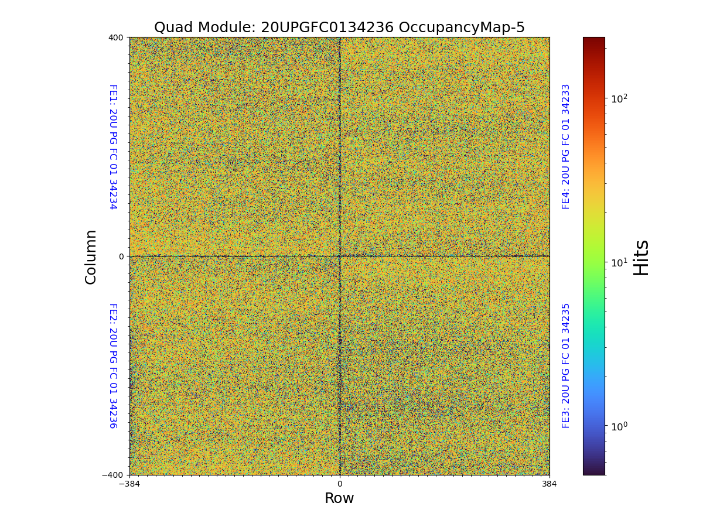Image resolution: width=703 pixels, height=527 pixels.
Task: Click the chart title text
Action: (339, 28)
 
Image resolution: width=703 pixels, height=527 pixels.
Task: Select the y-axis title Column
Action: (91, 256)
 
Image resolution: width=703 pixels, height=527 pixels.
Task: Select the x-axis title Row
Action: (339, 498)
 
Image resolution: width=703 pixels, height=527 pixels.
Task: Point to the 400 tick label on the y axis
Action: (115, 37)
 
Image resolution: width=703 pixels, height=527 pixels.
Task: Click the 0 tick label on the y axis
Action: (121, 256)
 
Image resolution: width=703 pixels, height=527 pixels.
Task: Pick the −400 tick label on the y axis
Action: (113, 475)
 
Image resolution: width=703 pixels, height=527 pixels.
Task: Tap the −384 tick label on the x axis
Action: (129, 484)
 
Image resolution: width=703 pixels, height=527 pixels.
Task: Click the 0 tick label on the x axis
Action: (339, 484)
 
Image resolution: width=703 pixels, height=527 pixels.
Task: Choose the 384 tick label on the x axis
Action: (549, 484)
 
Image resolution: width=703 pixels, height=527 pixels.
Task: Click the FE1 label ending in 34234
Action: (112, 146)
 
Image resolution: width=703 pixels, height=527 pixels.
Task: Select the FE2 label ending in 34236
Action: (112, 365)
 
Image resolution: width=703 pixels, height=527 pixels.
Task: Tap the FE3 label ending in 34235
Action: (566, 365)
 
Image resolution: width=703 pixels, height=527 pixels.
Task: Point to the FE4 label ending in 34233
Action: (566, 146)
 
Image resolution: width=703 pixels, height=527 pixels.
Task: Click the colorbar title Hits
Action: (641, 256)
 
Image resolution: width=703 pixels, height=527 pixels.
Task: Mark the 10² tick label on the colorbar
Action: (619, 98)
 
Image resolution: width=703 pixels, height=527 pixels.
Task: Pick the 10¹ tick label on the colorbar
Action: (619, 262)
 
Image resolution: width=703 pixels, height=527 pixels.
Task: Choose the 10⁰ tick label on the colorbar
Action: (619, 425)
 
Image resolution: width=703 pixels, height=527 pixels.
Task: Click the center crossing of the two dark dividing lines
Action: (340, 256)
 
